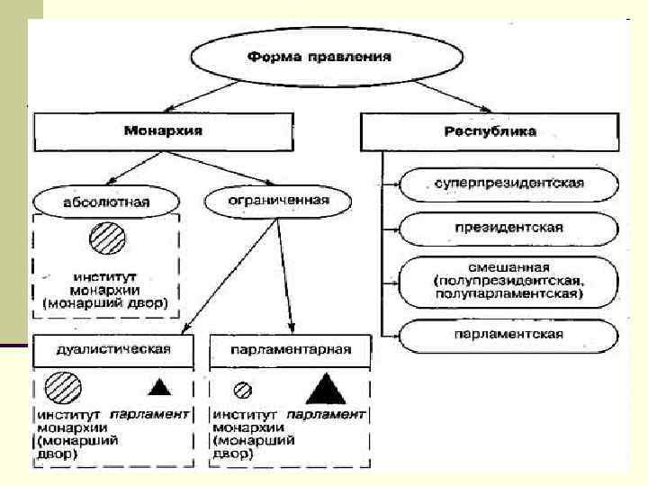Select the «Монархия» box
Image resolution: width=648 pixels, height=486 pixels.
click(x=163, y=131)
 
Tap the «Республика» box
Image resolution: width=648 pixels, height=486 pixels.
click(x=490, y=131)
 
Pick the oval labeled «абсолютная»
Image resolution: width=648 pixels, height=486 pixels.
click(x=94, y=200)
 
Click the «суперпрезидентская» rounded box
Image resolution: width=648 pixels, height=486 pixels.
click(x=509, y=184)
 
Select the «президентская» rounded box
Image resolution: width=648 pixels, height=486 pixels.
click(x=509, y=227)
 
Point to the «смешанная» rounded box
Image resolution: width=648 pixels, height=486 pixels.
click(x=509, y=280)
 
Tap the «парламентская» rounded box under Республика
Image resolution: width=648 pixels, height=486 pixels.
click(x=509, y=335)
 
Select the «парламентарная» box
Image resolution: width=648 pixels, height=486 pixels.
click(x=291, y=348)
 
